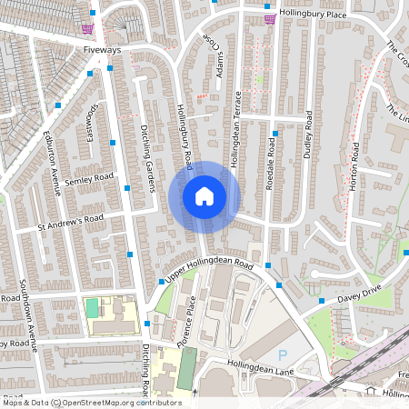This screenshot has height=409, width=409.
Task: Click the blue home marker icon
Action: pyautogui.click(x=204, y=195)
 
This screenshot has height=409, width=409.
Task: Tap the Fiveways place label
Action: pyautogui.click(x=101, y=50)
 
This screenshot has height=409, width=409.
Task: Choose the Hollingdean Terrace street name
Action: pyautogui.click(x=234, y=127)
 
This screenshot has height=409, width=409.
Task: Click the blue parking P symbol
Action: pyautogui.click(x=281, y=354)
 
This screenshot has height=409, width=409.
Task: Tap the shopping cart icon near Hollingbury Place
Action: pyautogui.click(x=270, y=17)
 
